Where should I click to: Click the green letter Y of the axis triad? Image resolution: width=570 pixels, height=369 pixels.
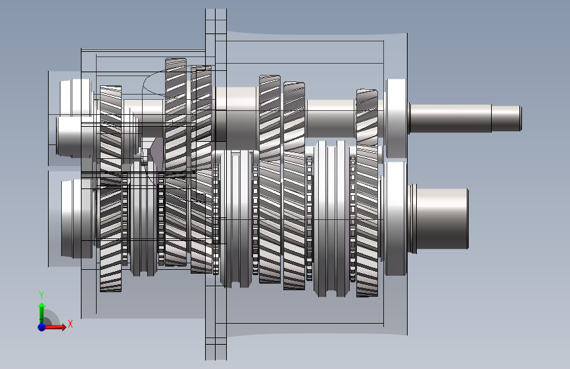(x=41, y=295)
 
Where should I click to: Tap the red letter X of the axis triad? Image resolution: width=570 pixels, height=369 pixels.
(x=70, y=324)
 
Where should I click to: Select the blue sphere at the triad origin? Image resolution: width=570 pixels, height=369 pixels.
(x=42, y=327)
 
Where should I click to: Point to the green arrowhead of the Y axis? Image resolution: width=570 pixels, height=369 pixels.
(x=42, y=307)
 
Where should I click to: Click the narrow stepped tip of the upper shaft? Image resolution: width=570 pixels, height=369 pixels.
(x=507, y=118)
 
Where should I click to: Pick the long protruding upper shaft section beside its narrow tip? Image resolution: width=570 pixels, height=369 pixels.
(x=450, y=118)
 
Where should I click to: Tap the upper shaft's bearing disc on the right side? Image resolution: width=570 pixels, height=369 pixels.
(x=396, y=118)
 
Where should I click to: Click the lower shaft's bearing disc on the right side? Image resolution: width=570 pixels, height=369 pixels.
(x=395, y=219)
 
